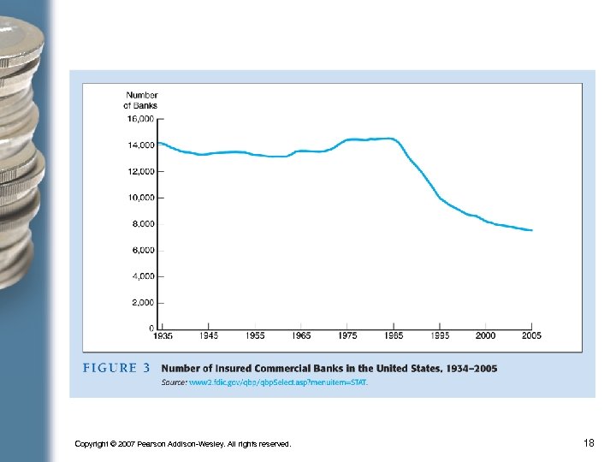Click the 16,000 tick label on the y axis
pyautogui.click(x=141, y=118)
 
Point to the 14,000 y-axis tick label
pyautogui.click(x=141, y=145)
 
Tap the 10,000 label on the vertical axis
pyautogui.click(x=141, y=198)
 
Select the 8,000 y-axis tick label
pyautogui.click(x=143, y=224)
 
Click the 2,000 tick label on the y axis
pyautogui.click(x=143, y=303)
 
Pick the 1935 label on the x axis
pyautogui.click(x=163, y=335)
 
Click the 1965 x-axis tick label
pyautogui.click(x=301, y=335)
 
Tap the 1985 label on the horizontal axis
pyautogui.click(x=394, y=335)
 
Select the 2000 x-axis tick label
pyautogui.click(x=485, y=335)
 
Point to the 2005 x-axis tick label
pyautogui.click(x=531, y=335)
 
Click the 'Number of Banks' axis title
pyautogui.click(x=141, y=100)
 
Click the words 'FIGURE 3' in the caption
pyautogui.click(x=116, y=369)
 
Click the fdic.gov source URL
pyautogui.click(x=279, y=382)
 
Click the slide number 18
pyautogui.click(x=589, y=442)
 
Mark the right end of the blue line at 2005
pyautogui.click(x=532, y=230)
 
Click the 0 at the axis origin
pyautogui.click(x=151, y=329)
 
